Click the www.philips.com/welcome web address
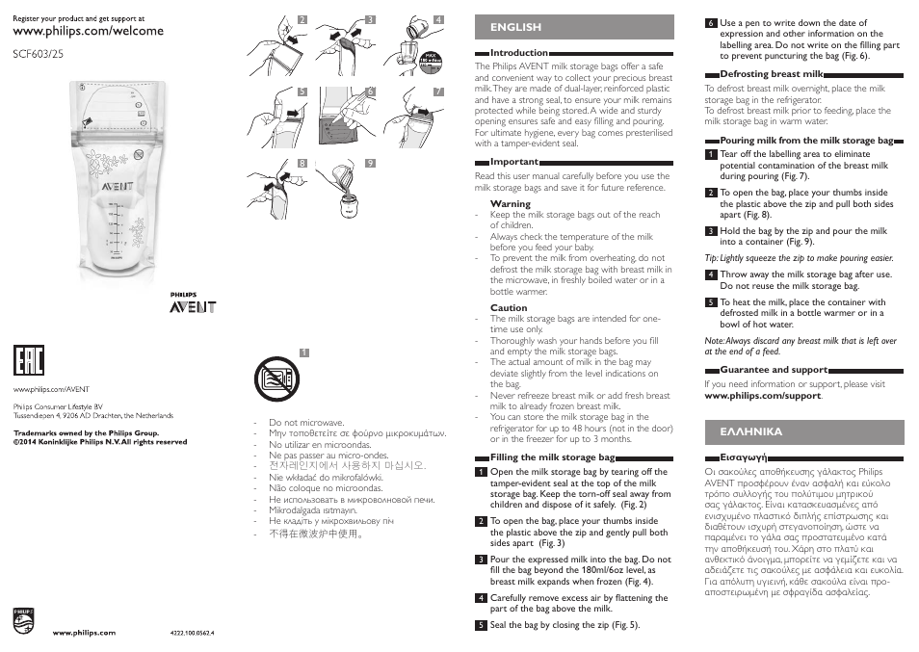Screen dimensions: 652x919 pos(88,31)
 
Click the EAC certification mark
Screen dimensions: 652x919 pos(28,360)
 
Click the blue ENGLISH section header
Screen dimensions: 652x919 pos(515,27)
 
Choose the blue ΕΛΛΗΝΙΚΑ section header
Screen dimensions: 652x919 pos(745,431)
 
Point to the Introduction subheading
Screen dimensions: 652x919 pos(519,53)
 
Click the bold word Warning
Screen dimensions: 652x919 pos(510,204)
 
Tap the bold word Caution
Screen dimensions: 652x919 pos(509,308)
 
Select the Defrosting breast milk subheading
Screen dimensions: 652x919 pos(772,74)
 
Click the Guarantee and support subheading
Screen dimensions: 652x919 pos(774,370)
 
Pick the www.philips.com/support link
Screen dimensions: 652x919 pos(763,396)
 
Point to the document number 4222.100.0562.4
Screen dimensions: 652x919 pos(191,633)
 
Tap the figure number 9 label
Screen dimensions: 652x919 pos(370,164)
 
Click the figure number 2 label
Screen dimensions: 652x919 pos(302,19)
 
